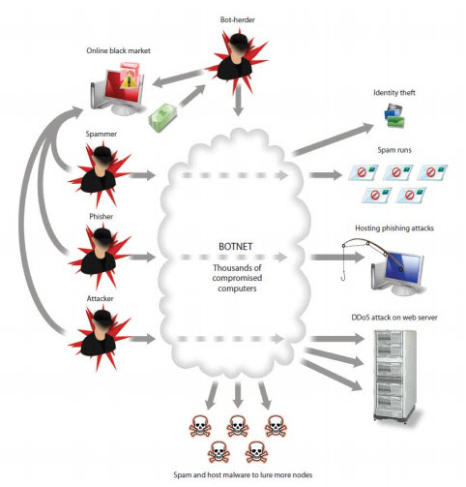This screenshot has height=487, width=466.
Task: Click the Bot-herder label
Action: [238, 19]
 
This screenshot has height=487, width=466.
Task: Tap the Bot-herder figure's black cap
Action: [239, 39]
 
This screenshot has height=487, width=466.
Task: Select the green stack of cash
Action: [162, 117]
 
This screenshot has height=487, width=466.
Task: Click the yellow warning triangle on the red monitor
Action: [129, 80]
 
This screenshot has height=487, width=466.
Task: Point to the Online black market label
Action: [118, 50]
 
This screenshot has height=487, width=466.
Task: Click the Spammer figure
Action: [100, 173]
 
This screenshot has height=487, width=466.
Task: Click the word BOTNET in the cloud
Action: [236, 247]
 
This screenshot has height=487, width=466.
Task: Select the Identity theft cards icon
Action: [394, 115]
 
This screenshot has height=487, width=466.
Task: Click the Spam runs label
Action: [394, 150]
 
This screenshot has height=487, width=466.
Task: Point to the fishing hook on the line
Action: [343, 276]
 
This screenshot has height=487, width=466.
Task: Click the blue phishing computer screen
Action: [405, 268]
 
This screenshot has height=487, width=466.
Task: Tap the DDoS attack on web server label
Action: [394, 318]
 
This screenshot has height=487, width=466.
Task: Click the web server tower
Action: [394, 376]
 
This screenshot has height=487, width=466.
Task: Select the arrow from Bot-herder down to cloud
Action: [238, 101]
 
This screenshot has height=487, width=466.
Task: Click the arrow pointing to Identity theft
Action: [333, 138]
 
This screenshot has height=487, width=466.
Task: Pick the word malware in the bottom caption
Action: [237, 474]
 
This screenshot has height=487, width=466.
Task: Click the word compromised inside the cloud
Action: [237, 278]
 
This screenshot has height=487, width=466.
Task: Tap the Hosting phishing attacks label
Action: [394, 228]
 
